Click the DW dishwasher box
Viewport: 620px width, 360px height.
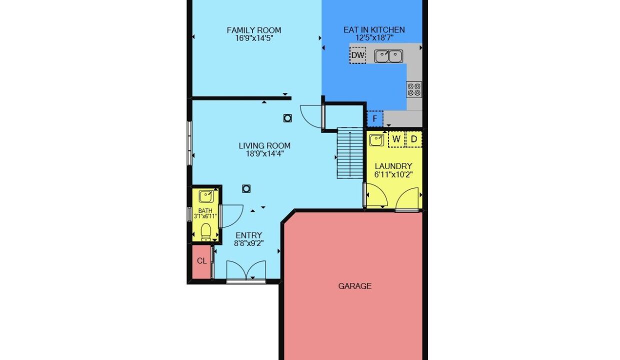pyautogui.click(x=357, y=55)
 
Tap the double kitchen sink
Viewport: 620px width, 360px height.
pyautogui.click(x=388, y=56)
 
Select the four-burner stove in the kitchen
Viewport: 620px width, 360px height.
pyautogui.click(x=414, y=89)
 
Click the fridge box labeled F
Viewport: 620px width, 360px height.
pyautogui.click(x=375, y=118)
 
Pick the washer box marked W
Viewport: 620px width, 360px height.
pyautogui.click(x=396, y=139)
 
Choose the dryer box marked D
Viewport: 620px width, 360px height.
pyautogui.click(x=414, y=139)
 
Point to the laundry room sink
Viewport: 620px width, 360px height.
pyautogui.click(x=376, y=140)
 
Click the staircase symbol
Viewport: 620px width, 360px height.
pyautogui.click(x=350, y=153)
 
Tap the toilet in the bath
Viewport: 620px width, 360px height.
pyautogui.click(x=205, y=232)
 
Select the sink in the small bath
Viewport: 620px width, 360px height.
pyautogui.click(x=206, y=196)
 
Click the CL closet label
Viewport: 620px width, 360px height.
pyautogui.click(x=202, y=260)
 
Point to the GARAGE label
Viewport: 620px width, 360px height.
pyautogui.click(x=355, y=286)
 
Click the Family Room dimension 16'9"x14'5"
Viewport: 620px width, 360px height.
pyautogui.click(x=254, y=38)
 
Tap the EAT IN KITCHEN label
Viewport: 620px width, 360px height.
pyautogui.click(x=374, y=30)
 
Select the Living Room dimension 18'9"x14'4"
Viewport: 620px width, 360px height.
pyautogui.click(x=265, y=153)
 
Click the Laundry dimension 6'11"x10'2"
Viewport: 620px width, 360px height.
pyautogui.click(x=393, y=174)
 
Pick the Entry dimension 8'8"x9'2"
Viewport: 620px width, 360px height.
pyautogui.click(x=249, y=243)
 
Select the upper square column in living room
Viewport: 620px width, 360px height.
pyautogui.click(x=287, y=118)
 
